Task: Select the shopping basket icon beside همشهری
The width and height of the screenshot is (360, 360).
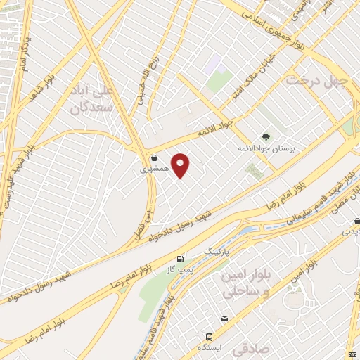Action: [x=154, y=158]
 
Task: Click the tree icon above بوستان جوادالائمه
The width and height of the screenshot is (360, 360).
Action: [x=265, y=138]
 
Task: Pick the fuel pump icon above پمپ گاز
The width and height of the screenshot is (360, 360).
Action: [x=181, y=259]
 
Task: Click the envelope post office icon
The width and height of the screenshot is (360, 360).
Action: [x=224, y=319]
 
